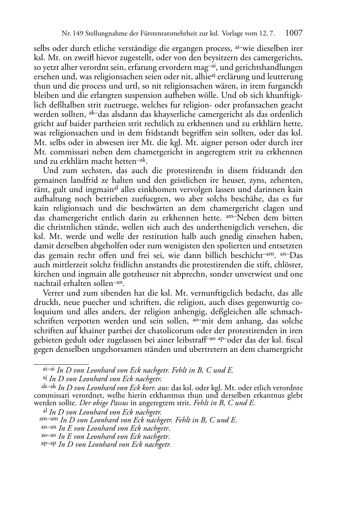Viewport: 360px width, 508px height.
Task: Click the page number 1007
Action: point(294,33)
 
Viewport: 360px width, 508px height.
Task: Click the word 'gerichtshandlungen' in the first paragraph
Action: point(268,68)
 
